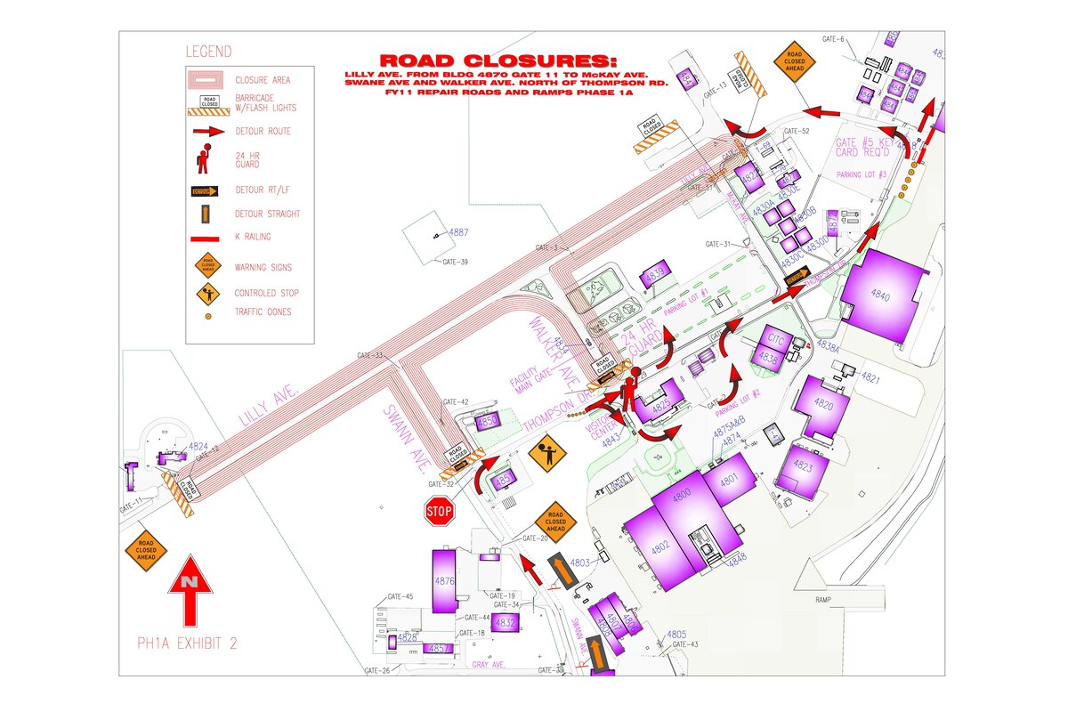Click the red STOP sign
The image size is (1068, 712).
439,511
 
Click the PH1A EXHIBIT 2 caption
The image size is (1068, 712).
187,643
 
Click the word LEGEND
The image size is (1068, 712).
208,52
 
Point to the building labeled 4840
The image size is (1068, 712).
879,295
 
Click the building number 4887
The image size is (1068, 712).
458,233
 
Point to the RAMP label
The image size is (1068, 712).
823,601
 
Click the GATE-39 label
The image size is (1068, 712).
456,262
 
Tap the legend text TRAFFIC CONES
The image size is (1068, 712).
263,312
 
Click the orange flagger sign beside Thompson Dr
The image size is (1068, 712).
547,454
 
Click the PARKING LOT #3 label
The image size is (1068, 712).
862,174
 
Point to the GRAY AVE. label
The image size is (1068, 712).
489,664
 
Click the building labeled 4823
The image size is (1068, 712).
803,466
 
